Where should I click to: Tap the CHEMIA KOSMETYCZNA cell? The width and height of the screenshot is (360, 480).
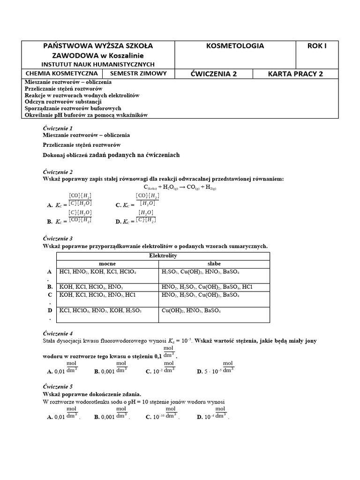62,74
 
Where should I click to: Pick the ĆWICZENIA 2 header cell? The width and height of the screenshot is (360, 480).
213,74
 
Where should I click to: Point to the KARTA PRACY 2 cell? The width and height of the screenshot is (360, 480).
295,74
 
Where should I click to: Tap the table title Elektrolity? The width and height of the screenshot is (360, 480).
163,256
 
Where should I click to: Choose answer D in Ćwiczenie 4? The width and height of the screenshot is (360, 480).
216,370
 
